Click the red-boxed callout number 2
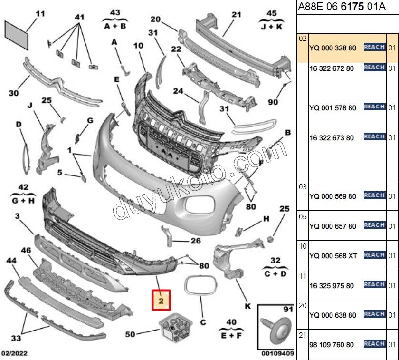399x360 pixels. point(161,301)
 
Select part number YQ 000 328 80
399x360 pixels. point(332,48)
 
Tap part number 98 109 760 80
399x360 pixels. point(332,344)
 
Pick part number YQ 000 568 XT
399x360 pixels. point(332,256)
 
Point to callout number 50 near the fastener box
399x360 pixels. point(130,334)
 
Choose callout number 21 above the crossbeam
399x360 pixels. point(237,15)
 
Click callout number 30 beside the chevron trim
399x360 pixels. point(14,93)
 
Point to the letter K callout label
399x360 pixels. point(247,306)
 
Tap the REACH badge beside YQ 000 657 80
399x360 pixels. point(374,225)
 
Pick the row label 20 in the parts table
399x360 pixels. point(303,305)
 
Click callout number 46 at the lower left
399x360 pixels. point(26,250)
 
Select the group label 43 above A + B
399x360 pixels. point(115,12)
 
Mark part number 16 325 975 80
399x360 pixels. point(332,286)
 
